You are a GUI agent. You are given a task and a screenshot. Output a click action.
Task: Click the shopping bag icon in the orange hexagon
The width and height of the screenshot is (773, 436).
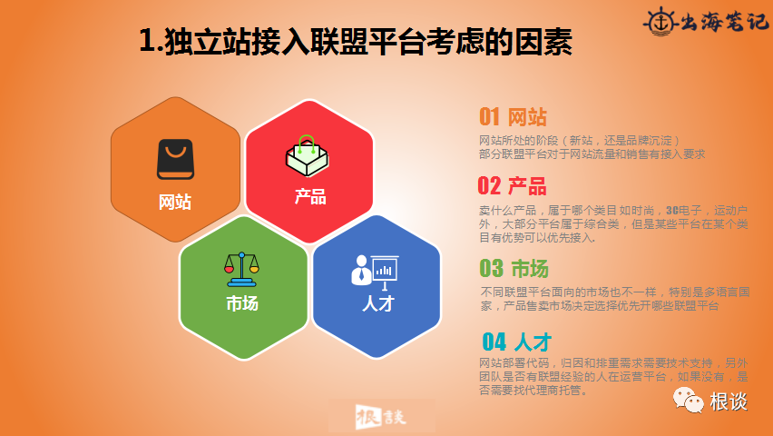click(x=175, y=160)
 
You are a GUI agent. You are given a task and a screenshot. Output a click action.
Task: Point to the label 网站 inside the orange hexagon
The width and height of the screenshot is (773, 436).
click(x=175, y=202)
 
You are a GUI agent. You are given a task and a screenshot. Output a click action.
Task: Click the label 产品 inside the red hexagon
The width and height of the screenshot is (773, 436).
click(x=309, y=196)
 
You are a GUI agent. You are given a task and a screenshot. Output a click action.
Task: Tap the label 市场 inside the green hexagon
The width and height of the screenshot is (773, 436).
click(x=242, y=303)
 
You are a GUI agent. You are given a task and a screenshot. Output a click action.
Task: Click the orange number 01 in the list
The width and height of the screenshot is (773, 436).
click(x=490, y=117)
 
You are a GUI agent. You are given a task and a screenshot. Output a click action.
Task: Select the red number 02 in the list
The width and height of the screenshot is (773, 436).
click(x=489, y=186)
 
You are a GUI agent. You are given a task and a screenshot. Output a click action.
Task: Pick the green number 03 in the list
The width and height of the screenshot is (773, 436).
click(x=491, y=269)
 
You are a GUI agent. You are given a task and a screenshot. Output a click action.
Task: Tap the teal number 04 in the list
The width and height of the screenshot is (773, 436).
click(x=494, y=342)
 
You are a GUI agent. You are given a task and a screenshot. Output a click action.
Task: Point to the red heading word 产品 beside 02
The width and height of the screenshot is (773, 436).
click(x=527, y=186)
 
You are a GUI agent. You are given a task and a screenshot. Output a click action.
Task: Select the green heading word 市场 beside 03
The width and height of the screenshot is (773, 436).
click(x=530, y=269)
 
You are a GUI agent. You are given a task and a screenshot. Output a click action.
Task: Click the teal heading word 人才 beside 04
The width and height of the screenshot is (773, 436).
click(x=533, y=342)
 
